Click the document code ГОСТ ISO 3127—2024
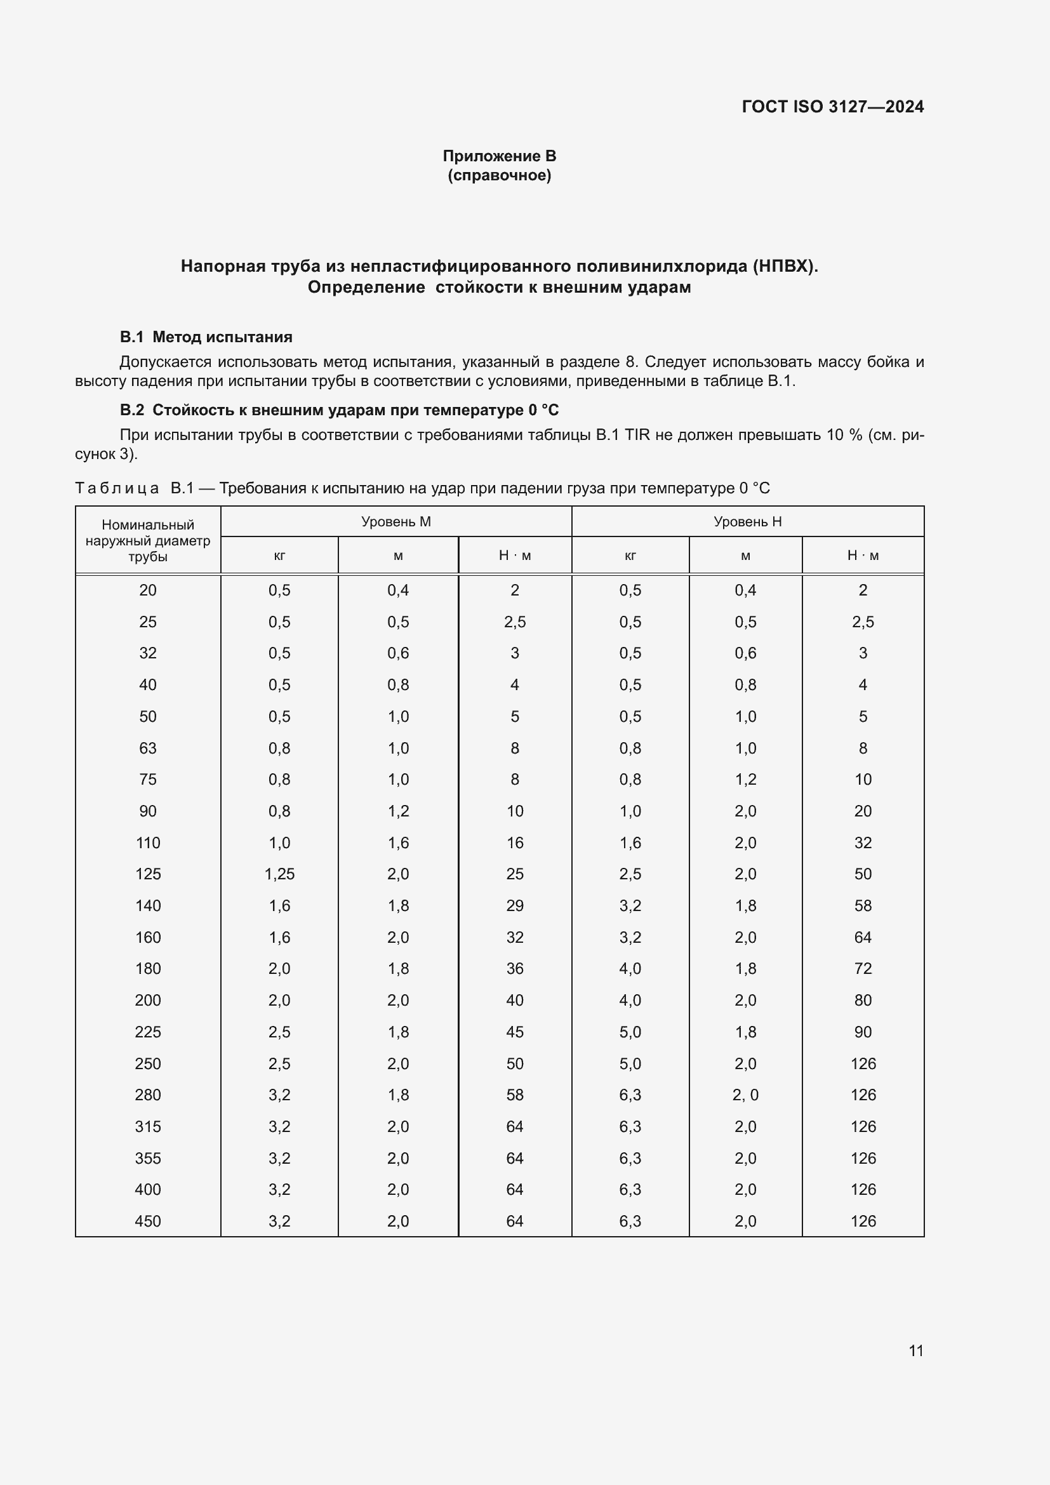pyautogui.click(x=832, y=107)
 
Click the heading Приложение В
pyautogui.click(x=499, y=156)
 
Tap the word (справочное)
pyautogui.click(x=499, y=175)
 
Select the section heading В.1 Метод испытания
pyautogui.click(x=206, y=337)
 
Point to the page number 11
pyautogui.click(x=915, y=1350)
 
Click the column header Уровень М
pyautogui.click(x=395, y=521)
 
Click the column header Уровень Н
pyautogui.click(x=747, y=521)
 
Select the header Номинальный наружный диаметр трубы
pyautogui.click(x=147, y=540)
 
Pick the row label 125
pyautogui.click(x=147, y=874)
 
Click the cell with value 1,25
pyautogui.click(x=279, y=874)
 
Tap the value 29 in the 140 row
pyautogui.click(x=515, y=905)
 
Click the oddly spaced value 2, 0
pyautogui.click(x=745, y=1095)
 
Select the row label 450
pyautogui.click(x=147, y=1221)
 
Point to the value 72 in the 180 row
pyautogui.click(x=863, y=968)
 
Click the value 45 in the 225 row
pyautogui.click(x=515, y=1032)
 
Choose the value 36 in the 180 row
pyautogui.click(x=515, y=968)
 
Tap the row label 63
pyautogui.click(x=147, y=748)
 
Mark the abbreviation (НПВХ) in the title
pyautogui.click(x=784, y=266)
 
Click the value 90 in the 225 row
pyautogui.click(x=863, y=1032)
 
